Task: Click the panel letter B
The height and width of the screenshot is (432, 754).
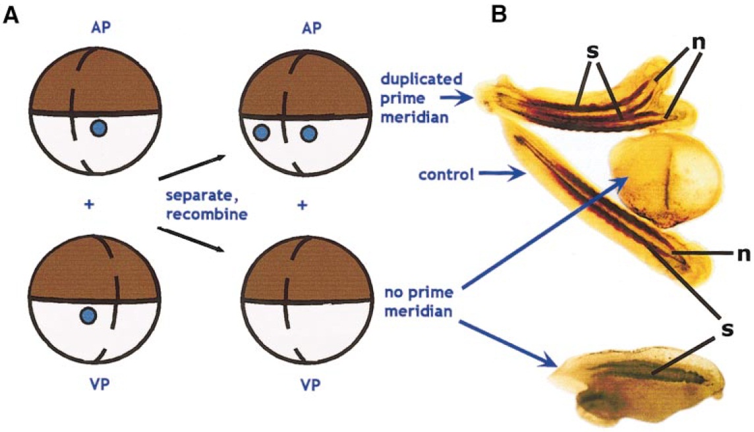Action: [500, 13]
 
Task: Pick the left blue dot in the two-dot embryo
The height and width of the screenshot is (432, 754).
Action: [261, 134]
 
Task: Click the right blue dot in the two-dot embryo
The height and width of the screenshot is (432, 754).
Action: [307, 134]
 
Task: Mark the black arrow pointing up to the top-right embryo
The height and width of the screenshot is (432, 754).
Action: [192, 168]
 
